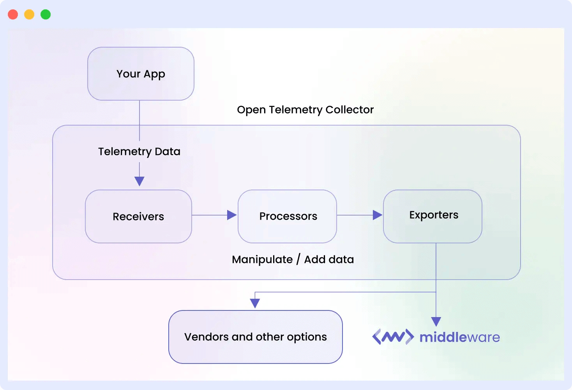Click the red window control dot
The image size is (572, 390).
click(x=13, y=14)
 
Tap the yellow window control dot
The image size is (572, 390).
click(x=29, y=14)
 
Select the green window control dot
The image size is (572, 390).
click(x=46, y=14)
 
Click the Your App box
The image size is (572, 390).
click(x=141, y=74)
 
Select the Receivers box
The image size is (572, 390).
click(x=138, y=216)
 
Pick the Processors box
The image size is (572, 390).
click(x=288, y=216)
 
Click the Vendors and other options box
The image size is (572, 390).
click(x=255, y=337)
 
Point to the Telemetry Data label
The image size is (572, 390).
click(x=139, y=151)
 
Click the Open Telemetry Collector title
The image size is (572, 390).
click(x=305, y=110)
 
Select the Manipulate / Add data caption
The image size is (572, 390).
click(x=293, y=259)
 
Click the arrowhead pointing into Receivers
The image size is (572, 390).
click(x=139, y=181)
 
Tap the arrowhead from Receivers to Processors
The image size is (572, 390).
click(x=232, y=215)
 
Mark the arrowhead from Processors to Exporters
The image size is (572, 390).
click(x=377, y=215)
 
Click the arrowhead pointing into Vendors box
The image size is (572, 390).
click(x=255, y=303)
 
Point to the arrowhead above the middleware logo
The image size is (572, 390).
click(x=436, y=321)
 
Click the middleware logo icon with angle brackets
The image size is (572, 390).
click(x=393, y=337)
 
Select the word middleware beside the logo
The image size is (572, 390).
click(x=459, y=337)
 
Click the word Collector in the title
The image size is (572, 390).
click(x=350, y=110)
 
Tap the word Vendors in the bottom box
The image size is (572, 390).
click(x=207, y=337)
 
